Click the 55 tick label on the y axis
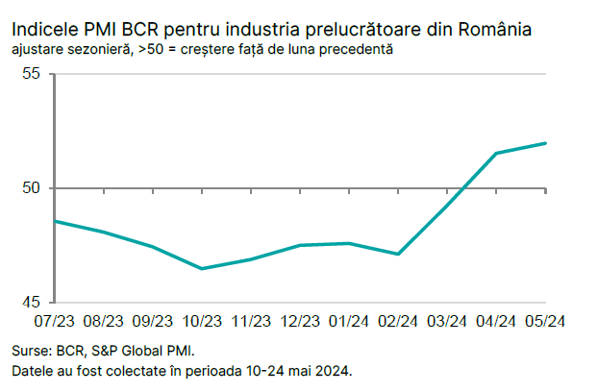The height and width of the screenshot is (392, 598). pyautogui.click(x=38, y=74)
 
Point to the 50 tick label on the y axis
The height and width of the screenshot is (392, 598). pyautogui.click(x=38, y=187)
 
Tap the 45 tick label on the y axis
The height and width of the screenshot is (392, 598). pyautogui.click(x=38, y=302)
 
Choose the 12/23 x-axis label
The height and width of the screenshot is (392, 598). pyautogui.click(x=300, y=321)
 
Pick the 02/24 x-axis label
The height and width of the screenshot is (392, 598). pyautogui.click(x=398, y=321)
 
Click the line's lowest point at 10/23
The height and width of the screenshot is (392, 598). pyautogui.click(x=202, y=268)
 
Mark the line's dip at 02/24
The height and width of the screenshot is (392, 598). pyautogui.click(x=398, y=254)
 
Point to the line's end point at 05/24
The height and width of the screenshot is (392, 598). pyautogui.click(x=546, y=143)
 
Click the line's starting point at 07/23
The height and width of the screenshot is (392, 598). pyautogui.click(x=56, y=221)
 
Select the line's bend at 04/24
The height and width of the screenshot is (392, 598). pyautogui.click(x=496, y=153)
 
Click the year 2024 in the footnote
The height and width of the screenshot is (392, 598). pyautogui.click(x=333, y=370)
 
